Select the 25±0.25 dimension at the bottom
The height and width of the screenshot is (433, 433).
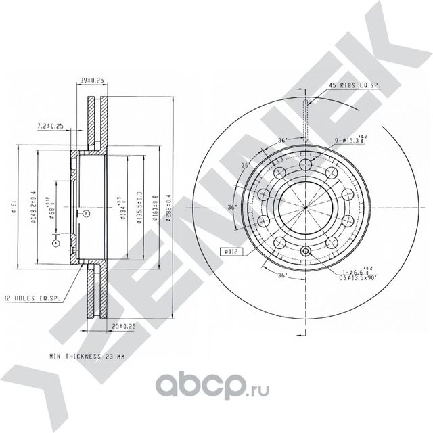point(122,325)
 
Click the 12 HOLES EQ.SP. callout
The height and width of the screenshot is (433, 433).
point(32,297)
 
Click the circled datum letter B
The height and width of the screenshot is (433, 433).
point(87,214)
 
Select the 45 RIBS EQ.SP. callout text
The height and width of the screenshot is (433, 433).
point(354,86)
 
